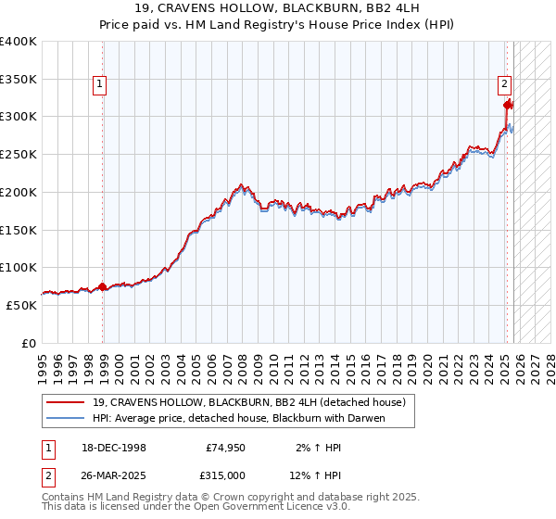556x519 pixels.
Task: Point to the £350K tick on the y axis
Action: (19, 79)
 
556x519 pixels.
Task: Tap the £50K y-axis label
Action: (22, 305)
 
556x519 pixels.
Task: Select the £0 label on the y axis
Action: (30, 343)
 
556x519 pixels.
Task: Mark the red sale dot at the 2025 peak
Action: (508, 105)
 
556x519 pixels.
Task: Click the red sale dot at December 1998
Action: (102, 286)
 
